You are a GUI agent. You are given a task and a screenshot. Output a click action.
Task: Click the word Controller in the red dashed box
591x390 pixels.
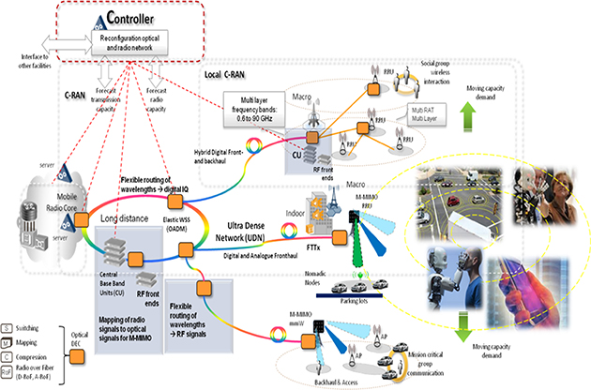[144, 16]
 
